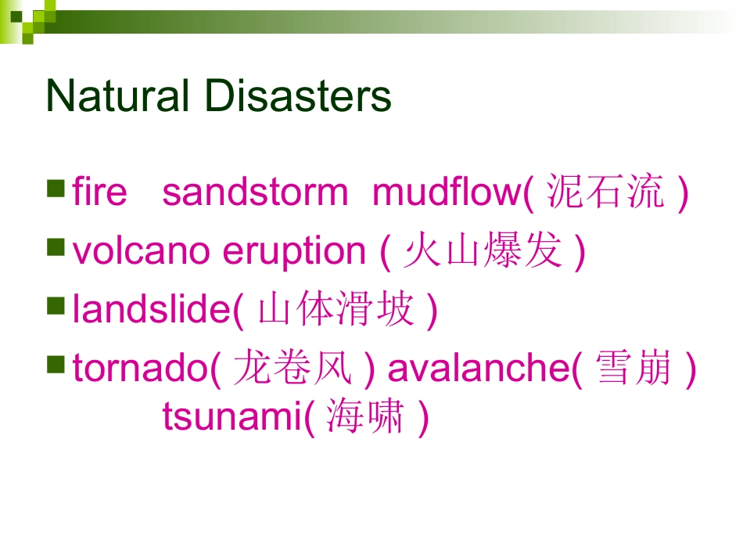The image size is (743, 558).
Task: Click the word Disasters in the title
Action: point(298,97)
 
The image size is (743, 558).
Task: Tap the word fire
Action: point(99,193)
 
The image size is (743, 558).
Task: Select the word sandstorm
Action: point(255,193)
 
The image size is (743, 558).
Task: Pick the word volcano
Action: point(142,252)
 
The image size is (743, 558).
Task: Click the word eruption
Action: point(294,252)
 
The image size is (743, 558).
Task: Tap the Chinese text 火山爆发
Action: point(483,252)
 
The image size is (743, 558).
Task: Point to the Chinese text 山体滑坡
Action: point(336,310)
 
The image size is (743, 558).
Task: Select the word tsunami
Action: point(232,417)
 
